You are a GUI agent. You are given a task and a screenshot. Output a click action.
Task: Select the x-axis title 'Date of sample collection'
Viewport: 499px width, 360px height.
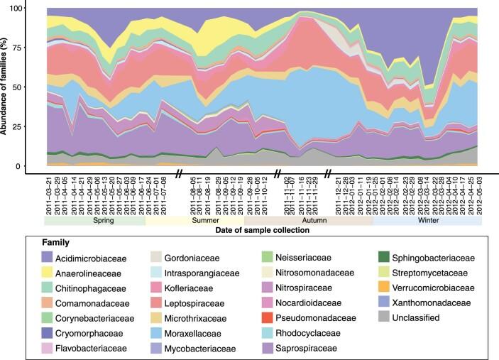tap(260, 230)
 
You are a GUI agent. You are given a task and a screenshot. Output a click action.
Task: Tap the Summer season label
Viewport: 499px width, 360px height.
tap(194, 221)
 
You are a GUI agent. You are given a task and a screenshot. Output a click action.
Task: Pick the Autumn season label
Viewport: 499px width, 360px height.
tap(308, 221)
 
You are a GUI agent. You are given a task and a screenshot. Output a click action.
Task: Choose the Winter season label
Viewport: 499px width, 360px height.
tap(427, 221)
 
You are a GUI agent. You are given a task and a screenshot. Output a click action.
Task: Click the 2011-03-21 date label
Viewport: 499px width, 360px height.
tap(48, 197)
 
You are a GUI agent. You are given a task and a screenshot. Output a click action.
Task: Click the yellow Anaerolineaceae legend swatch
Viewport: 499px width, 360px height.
tap(50, 273)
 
